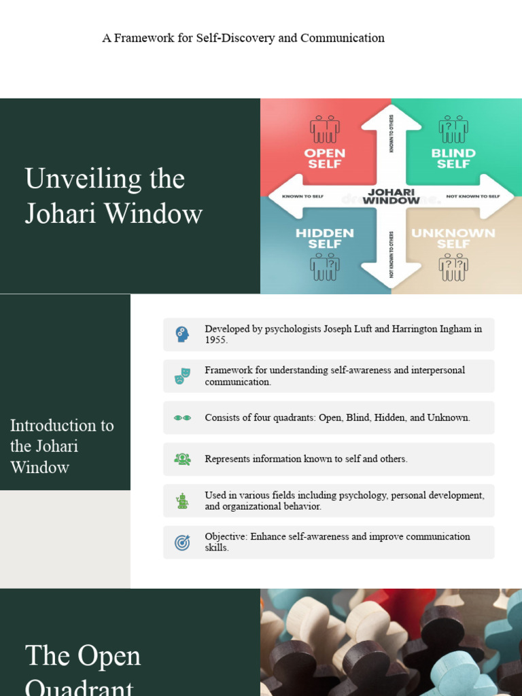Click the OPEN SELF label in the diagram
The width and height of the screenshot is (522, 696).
325,158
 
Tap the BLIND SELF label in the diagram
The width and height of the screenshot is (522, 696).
453,158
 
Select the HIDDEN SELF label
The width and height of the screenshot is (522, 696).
325,239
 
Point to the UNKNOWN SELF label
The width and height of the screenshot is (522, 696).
453,239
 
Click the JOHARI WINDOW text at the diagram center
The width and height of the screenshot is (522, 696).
391,196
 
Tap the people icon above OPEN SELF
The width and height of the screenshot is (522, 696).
325,128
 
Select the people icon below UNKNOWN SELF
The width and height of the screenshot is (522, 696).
453,267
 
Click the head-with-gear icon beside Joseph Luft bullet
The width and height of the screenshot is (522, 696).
181,334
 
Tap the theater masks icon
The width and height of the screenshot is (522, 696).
181,376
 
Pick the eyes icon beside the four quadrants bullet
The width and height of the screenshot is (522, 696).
181,418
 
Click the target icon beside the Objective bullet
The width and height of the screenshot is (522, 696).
181,542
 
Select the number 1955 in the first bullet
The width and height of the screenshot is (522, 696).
216,340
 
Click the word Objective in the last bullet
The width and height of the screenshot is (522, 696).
226,536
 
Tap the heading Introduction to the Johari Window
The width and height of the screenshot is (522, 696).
62,446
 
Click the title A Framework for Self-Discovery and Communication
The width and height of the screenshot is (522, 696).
243,38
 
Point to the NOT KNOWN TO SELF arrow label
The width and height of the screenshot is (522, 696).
472,196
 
